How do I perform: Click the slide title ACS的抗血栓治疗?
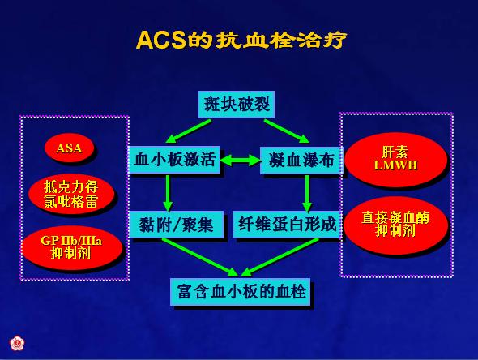(241, 40)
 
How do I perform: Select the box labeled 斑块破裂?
(236, 105)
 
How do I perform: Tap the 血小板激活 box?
(174, 160)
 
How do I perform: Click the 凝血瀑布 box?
(301, 161)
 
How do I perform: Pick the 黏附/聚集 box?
(176, 225)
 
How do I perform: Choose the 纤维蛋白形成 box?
(287, 225)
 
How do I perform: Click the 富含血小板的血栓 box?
(241, 292)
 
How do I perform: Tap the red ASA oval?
(69, 148)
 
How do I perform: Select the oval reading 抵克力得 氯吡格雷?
(71, 194)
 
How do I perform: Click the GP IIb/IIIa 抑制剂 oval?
(72, 247)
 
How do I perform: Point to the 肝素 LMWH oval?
(395, 159)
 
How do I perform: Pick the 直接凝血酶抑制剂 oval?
(395, 225)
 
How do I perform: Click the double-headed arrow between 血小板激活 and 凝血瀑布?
(241, 161)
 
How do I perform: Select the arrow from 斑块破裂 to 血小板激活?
(188, 131)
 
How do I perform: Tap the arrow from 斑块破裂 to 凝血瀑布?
(287, 131)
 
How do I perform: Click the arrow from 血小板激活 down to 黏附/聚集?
(168, 193)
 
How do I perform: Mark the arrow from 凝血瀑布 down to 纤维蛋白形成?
(307, 194)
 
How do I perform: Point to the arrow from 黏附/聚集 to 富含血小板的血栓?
(199, 258)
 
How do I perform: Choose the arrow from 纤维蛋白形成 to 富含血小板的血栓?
(280, 258)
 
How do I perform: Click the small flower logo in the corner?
(17, 344)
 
